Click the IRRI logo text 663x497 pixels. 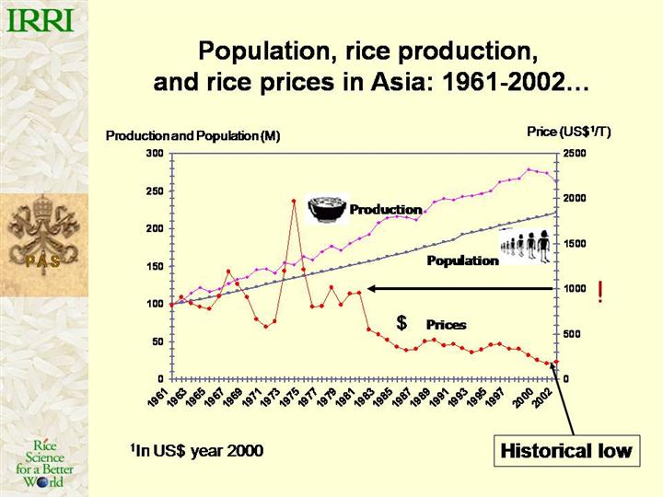pyautogui.click(x=41, y=17)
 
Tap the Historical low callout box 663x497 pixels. pyautogui.click(x=565, y=451)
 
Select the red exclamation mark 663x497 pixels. pyautogui.click(x=600, y=294)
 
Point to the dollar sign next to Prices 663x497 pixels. pyautogui.click(x=401, y=323)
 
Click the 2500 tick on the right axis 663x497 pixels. pyautogui.click(x=575, y=153)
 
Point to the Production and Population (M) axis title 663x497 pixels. pyautogui.click(x=192, y=136)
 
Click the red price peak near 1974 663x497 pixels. pyautogui.click(x=294, y=201)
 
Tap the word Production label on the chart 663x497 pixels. pyautogui.click(x=385, y=210)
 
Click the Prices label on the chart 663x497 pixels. pyautogui.click(x=446, y=325)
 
